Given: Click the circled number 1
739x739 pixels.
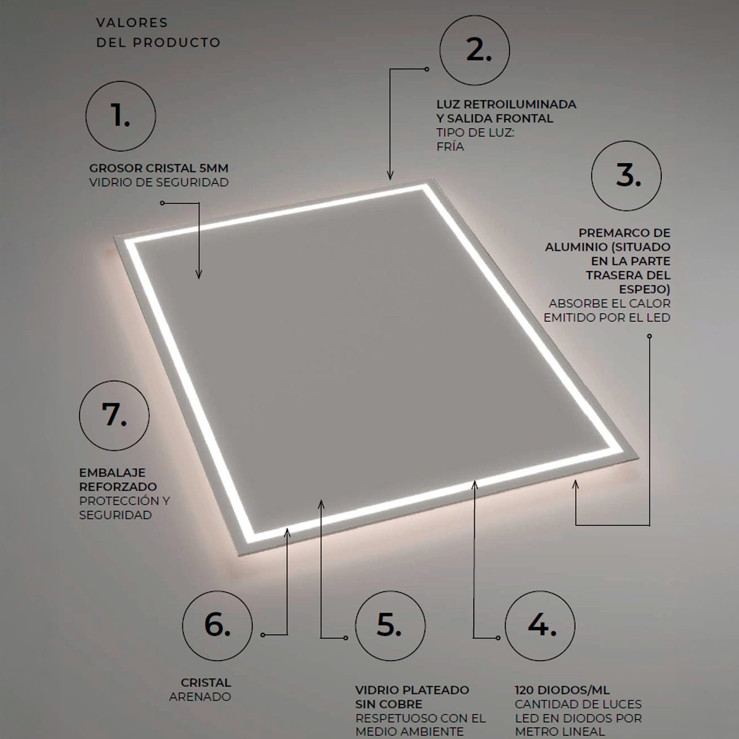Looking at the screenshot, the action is [121, 116].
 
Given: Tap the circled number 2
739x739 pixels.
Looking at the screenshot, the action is [475, 50].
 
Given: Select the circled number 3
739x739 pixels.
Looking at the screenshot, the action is [626, 176].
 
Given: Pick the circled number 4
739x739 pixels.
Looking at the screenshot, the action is [540, 626].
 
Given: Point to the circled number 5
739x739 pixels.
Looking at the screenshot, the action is [390, 626].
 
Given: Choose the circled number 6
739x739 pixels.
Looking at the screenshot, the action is [217, 626].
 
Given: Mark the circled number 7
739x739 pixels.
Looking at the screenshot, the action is [115, 415].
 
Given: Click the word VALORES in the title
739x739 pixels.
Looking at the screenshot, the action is [132, 23].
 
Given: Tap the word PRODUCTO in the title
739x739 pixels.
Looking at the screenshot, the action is [177, 42].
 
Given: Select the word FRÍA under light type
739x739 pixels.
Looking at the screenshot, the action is [450, 147].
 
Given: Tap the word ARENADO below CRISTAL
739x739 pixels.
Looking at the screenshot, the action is [200, 697].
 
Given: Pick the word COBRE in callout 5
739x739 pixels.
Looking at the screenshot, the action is [403, 704].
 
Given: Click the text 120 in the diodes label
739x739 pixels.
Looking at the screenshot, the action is [525, 690].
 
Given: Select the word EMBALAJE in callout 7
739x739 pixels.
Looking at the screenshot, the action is [107, 472].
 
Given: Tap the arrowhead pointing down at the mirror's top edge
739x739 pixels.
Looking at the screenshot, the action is [390, 176].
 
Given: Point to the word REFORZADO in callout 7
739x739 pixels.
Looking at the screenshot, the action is [118, 487].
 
